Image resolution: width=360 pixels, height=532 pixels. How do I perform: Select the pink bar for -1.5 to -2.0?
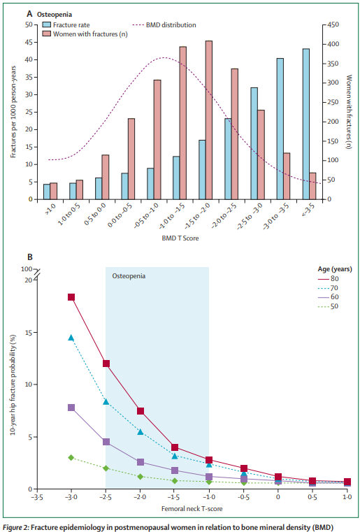(209, 120)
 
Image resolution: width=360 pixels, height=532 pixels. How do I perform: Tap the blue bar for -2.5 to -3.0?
(254, 143)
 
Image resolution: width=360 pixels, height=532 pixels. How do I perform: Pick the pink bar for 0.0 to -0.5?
(131, 159)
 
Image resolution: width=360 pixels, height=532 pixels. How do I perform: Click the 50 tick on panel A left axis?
(28, 24)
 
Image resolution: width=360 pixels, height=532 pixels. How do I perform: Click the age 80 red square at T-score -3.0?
(71, 297)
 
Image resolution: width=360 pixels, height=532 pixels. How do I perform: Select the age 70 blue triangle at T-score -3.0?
(71, 338)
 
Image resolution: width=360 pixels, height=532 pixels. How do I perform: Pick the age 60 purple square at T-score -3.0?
(71, 408)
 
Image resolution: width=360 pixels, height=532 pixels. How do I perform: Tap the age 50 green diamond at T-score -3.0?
(71, 457)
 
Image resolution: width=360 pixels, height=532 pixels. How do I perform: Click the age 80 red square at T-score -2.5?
(106, 364)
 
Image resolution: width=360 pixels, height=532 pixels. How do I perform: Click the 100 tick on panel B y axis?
(27, 269)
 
